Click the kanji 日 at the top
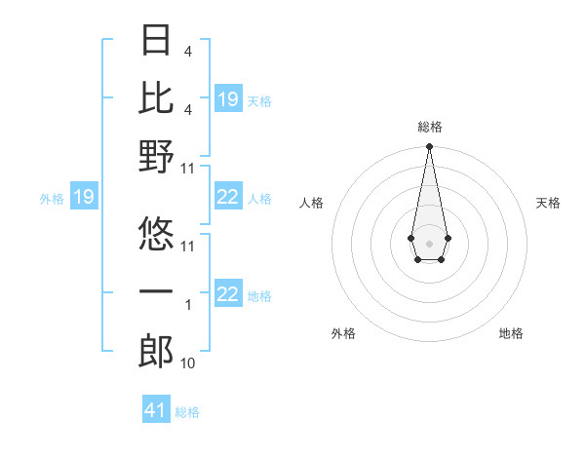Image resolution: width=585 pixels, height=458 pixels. [157, 42]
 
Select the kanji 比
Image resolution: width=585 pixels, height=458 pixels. [157, 96]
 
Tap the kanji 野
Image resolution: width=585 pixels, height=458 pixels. [157, 157]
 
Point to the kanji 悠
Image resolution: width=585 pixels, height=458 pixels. [157, 232]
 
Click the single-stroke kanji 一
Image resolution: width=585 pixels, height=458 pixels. [157, 291]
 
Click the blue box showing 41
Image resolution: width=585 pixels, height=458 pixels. [156, 410]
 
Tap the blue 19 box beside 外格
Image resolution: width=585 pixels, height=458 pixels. [83, 198]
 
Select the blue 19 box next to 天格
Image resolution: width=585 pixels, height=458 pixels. [228, 98]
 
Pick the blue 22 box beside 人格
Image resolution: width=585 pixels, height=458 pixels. [228, 198]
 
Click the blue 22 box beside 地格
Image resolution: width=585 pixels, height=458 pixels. [228, 294]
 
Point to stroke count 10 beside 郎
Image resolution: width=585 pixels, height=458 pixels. [187, 363]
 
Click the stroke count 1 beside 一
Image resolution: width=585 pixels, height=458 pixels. [187, 305]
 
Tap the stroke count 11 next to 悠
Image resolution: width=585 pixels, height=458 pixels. [188, 246]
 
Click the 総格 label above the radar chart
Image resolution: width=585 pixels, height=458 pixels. [429, 127]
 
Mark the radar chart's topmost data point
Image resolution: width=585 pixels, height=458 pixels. [429, 147]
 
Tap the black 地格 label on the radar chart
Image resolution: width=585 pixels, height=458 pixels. [511, 333]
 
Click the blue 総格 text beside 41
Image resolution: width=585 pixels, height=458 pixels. [187, 412]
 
